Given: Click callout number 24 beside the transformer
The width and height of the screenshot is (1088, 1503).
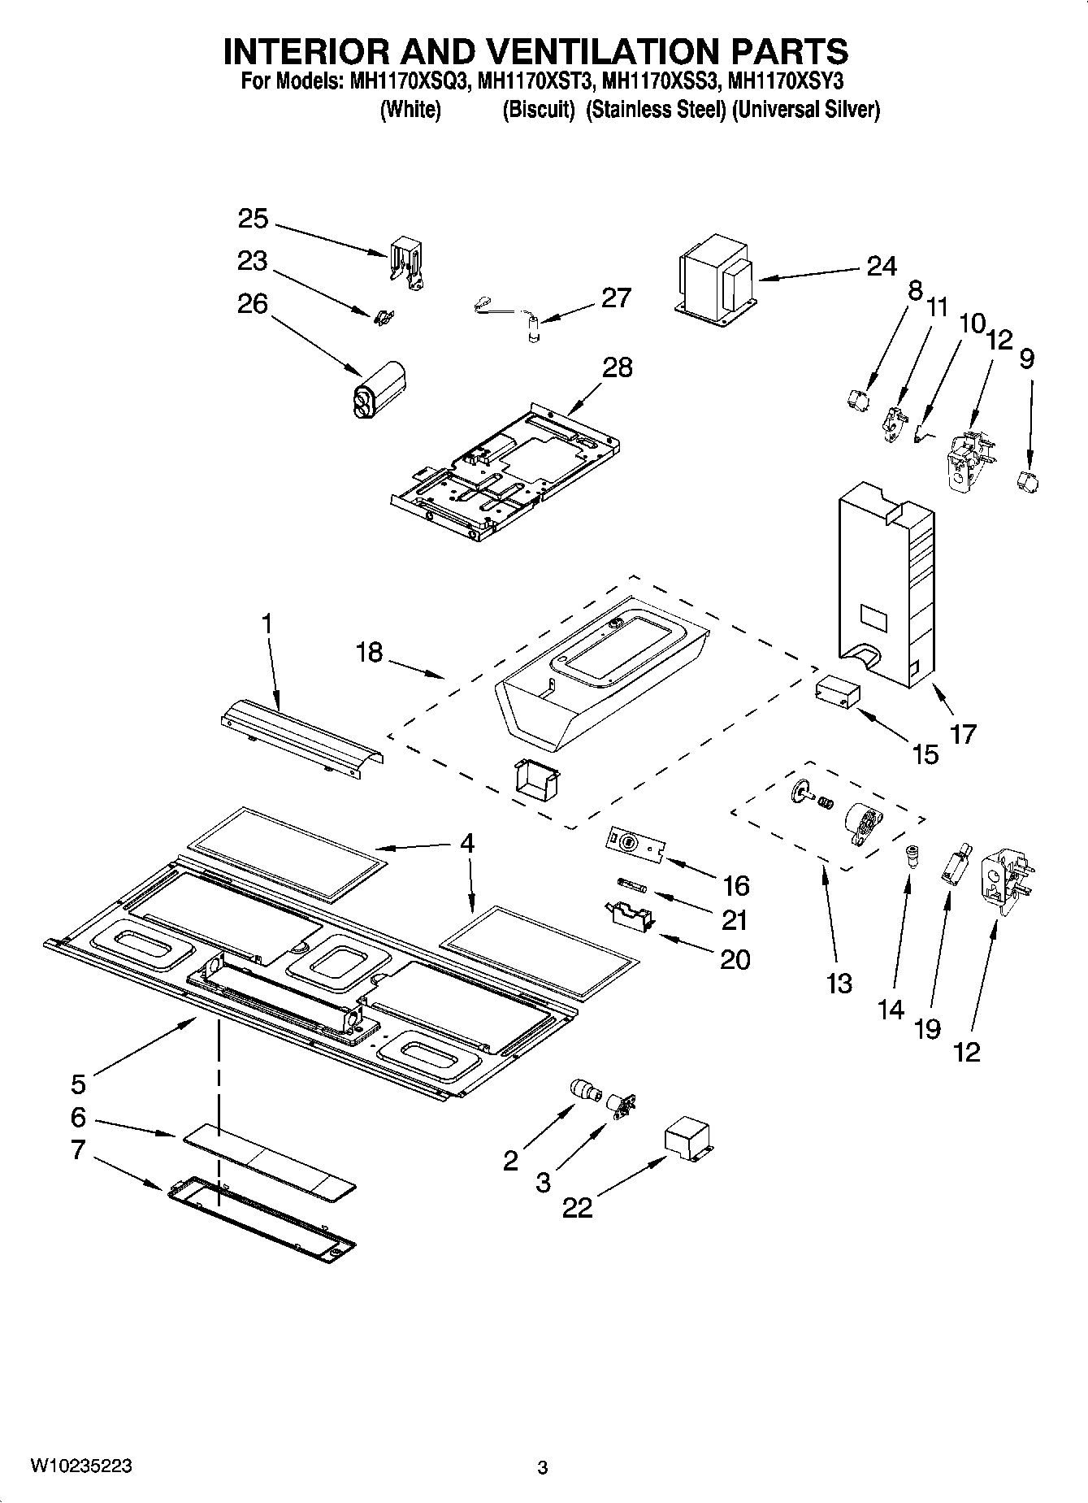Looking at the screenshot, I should coord(881,267).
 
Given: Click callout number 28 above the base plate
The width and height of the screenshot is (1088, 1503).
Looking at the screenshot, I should coord(617,367).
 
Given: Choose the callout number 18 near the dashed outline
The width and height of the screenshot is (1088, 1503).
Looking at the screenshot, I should coord(369,652).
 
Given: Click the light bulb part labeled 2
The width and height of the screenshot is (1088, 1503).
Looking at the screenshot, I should coord(583,1089).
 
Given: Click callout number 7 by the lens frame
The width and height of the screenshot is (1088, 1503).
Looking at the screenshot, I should coord(77,1150).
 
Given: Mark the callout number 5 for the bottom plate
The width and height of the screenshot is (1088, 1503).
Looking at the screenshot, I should coord(77,1084).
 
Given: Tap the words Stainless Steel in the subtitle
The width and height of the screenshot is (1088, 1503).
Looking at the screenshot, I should coord(655,111).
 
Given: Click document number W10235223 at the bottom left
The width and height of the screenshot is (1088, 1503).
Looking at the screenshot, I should coord(81,1466).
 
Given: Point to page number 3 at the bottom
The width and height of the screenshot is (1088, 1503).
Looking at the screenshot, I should coord(543,1468).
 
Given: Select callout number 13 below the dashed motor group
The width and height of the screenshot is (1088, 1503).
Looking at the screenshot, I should coord(839,983).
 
